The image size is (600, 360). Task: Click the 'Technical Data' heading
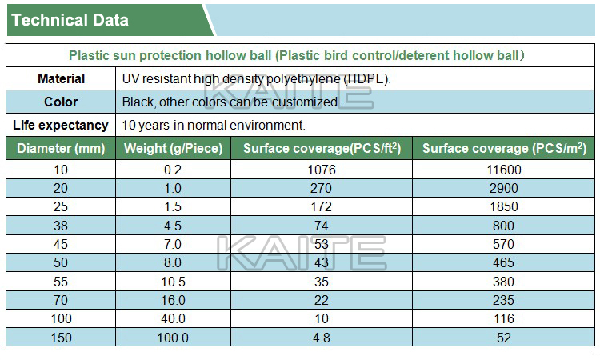pyautogui.click(x=70, y=20)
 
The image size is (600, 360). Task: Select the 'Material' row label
pyautogui.click(x=62, y=79)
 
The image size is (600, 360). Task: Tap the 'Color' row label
pyautogui.click(x=62, y=102)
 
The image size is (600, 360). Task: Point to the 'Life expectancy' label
pyautogui.click(x=61, y=126)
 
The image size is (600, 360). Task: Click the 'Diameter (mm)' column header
pyautogui.click(x=61, y=148)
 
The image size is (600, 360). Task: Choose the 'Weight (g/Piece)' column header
pyautogui.click(x=173, y=148)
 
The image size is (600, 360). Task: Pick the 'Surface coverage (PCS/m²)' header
pyautogui.click(x=504, y=148)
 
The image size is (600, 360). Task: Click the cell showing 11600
pyautogui.click(x=504, y=170)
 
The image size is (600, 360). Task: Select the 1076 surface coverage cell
pyautogui.click(x=322, y=170)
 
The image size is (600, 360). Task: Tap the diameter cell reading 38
pyautogui.click(x=62, y=226)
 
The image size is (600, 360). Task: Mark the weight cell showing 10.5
pyautogui.click(x=173, y=282)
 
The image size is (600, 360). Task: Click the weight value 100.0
pyautogui.click(x=173, y=338)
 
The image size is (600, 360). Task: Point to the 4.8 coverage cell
pyautogui.click(x=322, y=338)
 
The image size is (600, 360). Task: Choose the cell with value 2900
pyautogui.click(x=504, y=189)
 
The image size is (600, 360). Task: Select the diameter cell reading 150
pyautogui.click(x=62, y=338)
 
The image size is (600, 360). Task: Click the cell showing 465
pyautogui.click(x=504, y=262)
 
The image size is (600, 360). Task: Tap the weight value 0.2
pyautogui.click(x=173, y=170)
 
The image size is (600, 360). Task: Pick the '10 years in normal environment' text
pyautogui.click(x=214, y=126)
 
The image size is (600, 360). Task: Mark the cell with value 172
pyautogui.click(x=322, y=207)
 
